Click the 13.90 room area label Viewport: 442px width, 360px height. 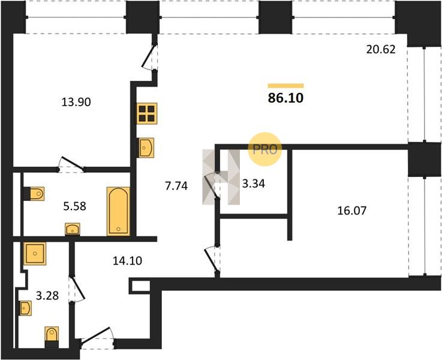click(76, 102)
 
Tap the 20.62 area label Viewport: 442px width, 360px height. click(381, 50)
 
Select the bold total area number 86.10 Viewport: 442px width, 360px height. click(285, 98)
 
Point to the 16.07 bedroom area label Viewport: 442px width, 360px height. click(352, 211)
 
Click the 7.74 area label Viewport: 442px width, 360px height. click(176, 186)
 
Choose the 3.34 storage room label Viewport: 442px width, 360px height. click(254, 184)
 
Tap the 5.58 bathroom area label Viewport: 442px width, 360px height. click(74, 206)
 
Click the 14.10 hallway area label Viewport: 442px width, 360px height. click(127, 261)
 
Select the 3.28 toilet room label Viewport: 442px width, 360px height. click(47, 295)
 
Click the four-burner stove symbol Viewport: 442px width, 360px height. click(146, 113)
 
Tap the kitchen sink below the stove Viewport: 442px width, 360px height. click(146, 148)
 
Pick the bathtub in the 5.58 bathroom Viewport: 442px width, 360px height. click(118, 211)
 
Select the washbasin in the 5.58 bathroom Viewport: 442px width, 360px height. click(73, 229)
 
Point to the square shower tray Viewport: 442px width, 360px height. click(35, 253)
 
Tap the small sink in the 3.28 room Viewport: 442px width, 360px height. click(25, 308)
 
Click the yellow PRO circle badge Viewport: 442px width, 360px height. click(264, 149)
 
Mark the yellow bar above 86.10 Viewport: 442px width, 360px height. click(285, 86)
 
